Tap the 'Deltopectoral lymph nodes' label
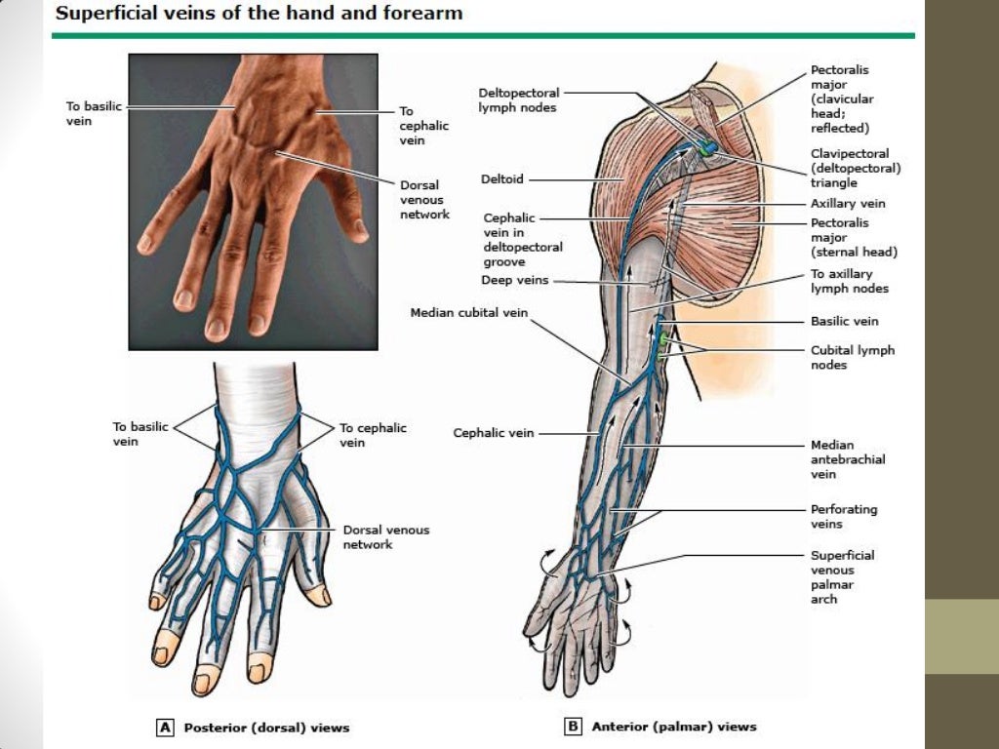[517, 99]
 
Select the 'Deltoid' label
[501, 179]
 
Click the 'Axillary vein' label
[848, 204]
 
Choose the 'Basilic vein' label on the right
[844, 321]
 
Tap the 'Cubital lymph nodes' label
[852, 357]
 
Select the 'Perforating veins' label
[843, 516]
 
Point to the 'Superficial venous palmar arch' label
[842, 576]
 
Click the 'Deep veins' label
[514, 280]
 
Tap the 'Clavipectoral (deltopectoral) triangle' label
[855, 168]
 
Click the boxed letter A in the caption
[165, 727]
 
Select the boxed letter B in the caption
[573, 727]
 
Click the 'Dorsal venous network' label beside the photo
[424, 199]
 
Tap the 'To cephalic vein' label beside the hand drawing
[373, 435]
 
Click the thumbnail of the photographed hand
[253, 202]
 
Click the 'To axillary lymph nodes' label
[849, 281]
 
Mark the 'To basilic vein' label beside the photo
[94, 113]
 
